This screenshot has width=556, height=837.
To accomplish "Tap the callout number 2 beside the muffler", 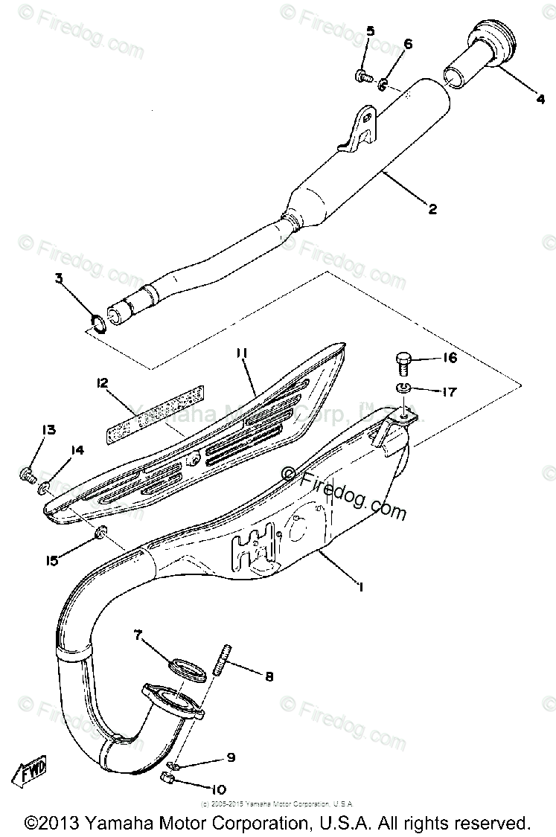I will [432, 209].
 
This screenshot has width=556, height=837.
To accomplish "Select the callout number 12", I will [102, 384].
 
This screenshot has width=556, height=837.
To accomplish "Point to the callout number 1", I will [360, 588].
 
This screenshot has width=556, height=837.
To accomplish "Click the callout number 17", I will [448, 392].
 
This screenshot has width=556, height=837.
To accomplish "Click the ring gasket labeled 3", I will [98, 322].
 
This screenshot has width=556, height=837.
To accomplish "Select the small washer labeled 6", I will [382, 85].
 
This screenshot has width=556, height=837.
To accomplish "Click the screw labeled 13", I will [28, 473].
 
